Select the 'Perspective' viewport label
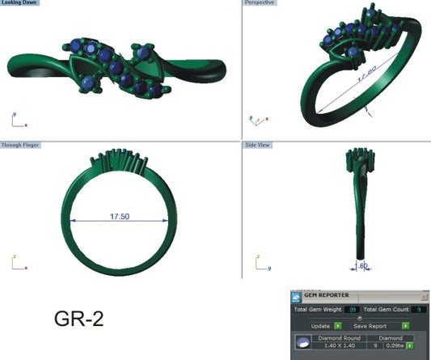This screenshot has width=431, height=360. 260,3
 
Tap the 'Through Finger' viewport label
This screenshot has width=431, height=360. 20,146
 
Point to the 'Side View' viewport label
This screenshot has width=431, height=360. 258,146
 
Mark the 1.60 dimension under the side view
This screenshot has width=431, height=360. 363,264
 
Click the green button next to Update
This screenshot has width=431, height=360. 338,326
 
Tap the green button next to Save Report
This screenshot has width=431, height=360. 405,326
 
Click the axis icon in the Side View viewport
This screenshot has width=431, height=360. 258,262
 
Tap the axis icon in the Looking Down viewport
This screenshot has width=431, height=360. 16,121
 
